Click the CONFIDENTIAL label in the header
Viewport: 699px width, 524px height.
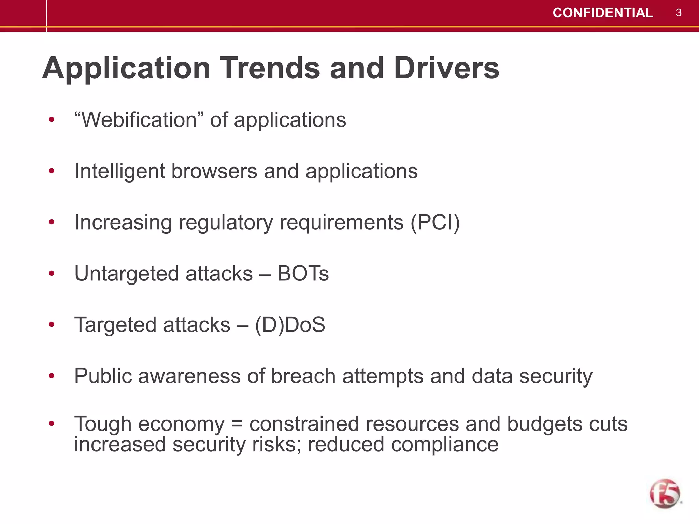click(x=602, y=13)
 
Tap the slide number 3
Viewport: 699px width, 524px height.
click(x=679, y=13)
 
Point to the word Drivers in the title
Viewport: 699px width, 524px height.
click(x=446, y=68)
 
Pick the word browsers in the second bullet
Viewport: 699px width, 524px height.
click(x=214, y=171)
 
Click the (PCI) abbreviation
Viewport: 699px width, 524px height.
click(x=435, y=222)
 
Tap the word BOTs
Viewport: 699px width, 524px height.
click(x=303, y=274)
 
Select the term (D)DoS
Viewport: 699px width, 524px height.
click(x=290, y=325)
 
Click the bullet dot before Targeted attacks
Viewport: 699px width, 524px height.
click(x=52, y=324)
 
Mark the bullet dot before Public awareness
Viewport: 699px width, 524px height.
click(x=52, y=376)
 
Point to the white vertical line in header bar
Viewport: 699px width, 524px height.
click(x=46, y=15)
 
